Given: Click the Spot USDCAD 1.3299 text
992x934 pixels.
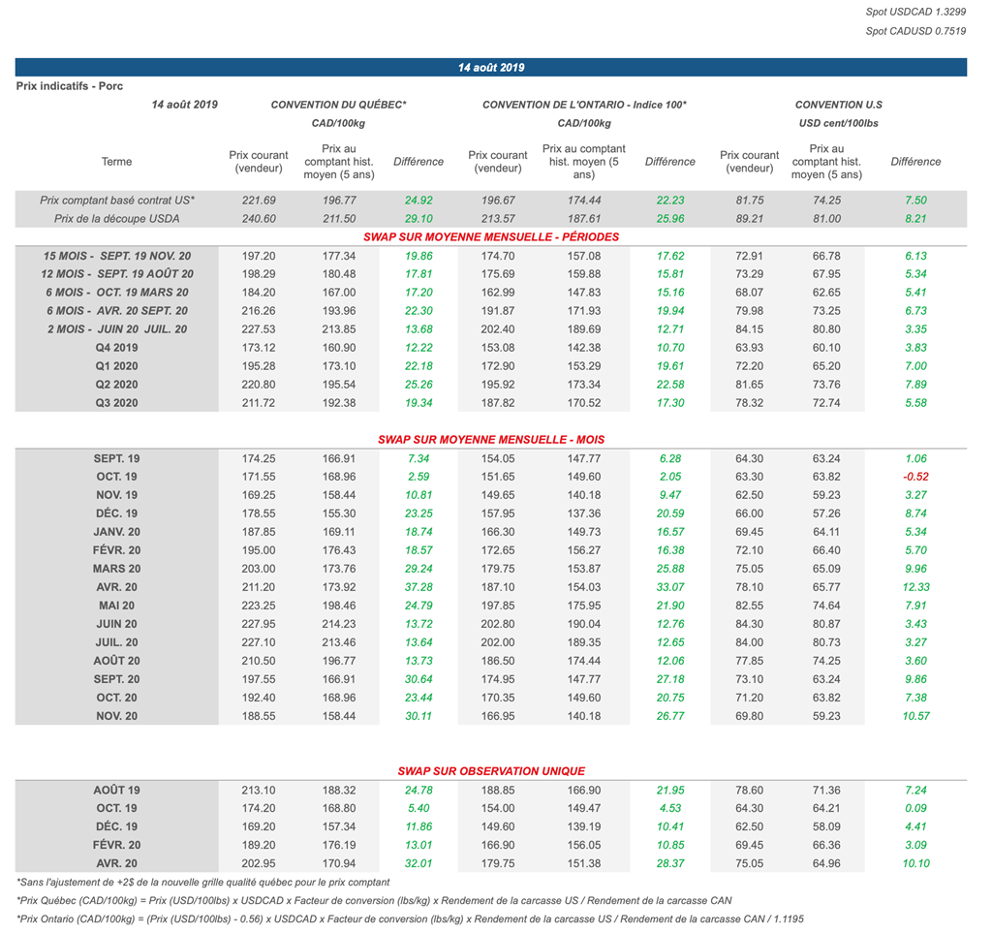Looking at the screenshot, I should coord(915,12).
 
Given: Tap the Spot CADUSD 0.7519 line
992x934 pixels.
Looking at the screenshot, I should coord(915,31).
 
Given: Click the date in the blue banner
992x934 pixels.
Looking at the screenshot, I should coord(491,68).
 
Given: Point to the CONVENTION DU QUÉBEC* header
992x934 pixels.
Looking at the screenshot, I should coord(338,105).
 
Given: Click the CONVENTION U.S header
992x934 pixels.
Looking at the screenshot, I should coord(838,105).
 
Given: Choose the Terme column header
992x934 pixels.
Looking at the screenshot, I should coord(116,162).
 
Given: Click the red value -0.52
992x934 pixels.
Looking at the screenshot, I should coord(915,477).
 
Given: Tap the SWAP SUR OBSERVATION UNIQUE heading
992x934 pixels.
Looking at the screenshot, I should coord(491,771).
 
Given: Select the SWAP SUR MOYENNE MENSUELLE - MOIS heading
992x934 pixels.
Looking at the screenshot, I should coord(491,440).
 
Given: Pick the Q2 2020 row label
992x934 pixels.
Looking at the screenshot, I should coord(116,385).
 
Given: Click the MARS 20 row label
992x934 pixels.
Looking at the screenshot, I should coord(116,569).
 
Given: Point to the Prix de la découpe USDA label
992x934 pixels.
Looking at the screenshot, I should coord(116,219).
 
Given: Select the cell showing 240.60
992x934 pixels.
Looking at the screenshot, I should coord(259,219).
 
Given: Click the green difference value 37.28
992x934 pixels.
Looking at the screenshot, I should coord(418,587).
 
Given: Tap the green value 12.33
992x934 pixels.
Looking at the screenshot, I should coord(915,587).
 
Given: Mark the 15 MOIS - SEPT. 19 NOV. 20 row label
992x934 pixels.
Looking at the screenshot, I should coord(116,256).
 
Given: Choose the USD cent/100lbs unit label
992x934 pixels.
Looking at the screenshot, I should coord(838,123).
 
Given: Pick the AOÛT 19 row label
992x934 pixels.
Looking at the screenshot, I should coord(116,790).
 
